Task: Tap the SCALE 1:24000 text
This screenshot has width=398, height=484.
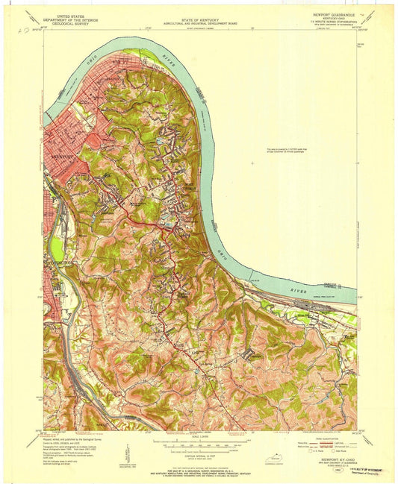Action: (x=199, y=436)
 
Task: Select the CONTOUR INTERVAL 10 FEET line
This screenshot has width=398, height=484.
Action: (x=199, y=456)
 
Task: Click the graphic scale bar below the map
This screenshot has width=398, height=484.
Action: (x=199, y=445)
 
